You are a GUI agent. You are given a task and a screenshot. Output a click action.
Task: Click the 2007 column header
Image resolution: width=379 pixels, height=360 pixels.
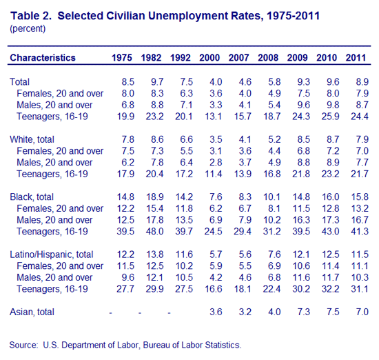click(x=238, y=58)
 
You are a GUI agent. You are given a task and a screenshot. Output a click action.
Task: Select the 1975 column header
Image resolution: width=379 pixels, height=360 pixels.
click(x=121, y=58)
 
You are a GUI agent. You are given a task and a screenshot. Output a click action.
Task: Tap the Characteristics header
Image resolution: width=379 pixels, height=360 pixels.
click(x=43, y=58)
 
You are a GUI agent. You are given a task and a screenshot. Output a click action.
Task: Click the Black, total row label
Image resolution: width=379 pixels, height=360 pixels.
click(x=32, y=197)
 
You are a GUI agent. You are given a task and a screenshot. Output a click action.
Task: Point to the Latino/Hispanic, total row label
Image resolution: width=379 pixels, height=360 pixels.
click(x=52, y=254)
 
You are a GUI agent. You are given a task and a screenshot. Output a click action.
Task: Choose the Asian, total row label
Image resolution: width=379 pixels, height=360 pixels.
click(x=32, y=312)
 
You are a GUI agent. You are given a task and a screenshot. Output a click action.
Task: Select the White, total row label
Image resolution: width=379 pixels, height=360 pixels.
click(x=32, y=139)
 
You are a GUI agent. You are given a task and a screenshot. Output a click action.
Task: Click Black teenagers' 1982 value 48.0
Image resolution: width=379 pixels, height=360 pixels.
click(x=154, y=232)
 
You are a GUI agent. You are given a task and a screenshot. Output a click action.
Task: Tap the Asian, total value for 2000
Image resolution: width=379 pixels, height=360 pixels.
click(x=216, y=312)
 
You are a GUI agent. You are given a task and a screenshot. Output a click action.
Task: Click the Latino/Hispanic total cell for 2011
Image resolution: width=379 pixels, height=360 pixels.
click(x=360, y=254)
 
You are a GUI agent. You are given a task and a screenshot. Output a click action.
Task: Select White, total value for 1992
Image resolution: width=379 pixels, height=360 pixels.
click(x=186, y=139)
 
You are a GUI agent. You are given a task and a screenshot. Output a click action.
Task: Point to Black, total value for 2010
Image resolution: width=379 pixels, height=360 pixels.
click(x=330, y=197)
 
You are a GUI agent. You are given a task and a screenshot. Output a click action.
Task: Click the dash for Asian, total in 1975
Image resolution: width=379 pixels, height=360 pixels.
click(x=110, y=313)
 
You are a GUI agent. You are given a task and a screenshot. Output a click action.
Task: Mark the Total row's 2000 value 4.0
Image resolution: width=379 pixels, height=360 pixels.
click(x=216, y=82)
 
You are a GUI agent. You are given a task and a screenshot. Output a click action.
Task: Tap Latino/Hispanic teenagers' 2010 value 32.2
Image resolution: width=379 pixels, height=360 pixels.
click(x=330, y=289)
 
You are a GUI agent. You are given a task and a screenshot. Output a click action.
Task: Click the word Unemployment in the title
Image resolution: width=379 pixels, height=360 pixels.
click(x=188, y=16)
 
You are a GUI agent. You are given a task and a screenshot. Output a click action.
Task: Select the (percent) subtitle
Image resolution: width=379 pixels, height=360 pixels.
click(x=28, y=28)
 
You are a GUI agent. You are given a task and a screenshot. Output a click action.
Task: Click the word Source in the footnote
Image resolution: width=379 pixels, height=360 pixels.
click(x=23, y=345)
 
